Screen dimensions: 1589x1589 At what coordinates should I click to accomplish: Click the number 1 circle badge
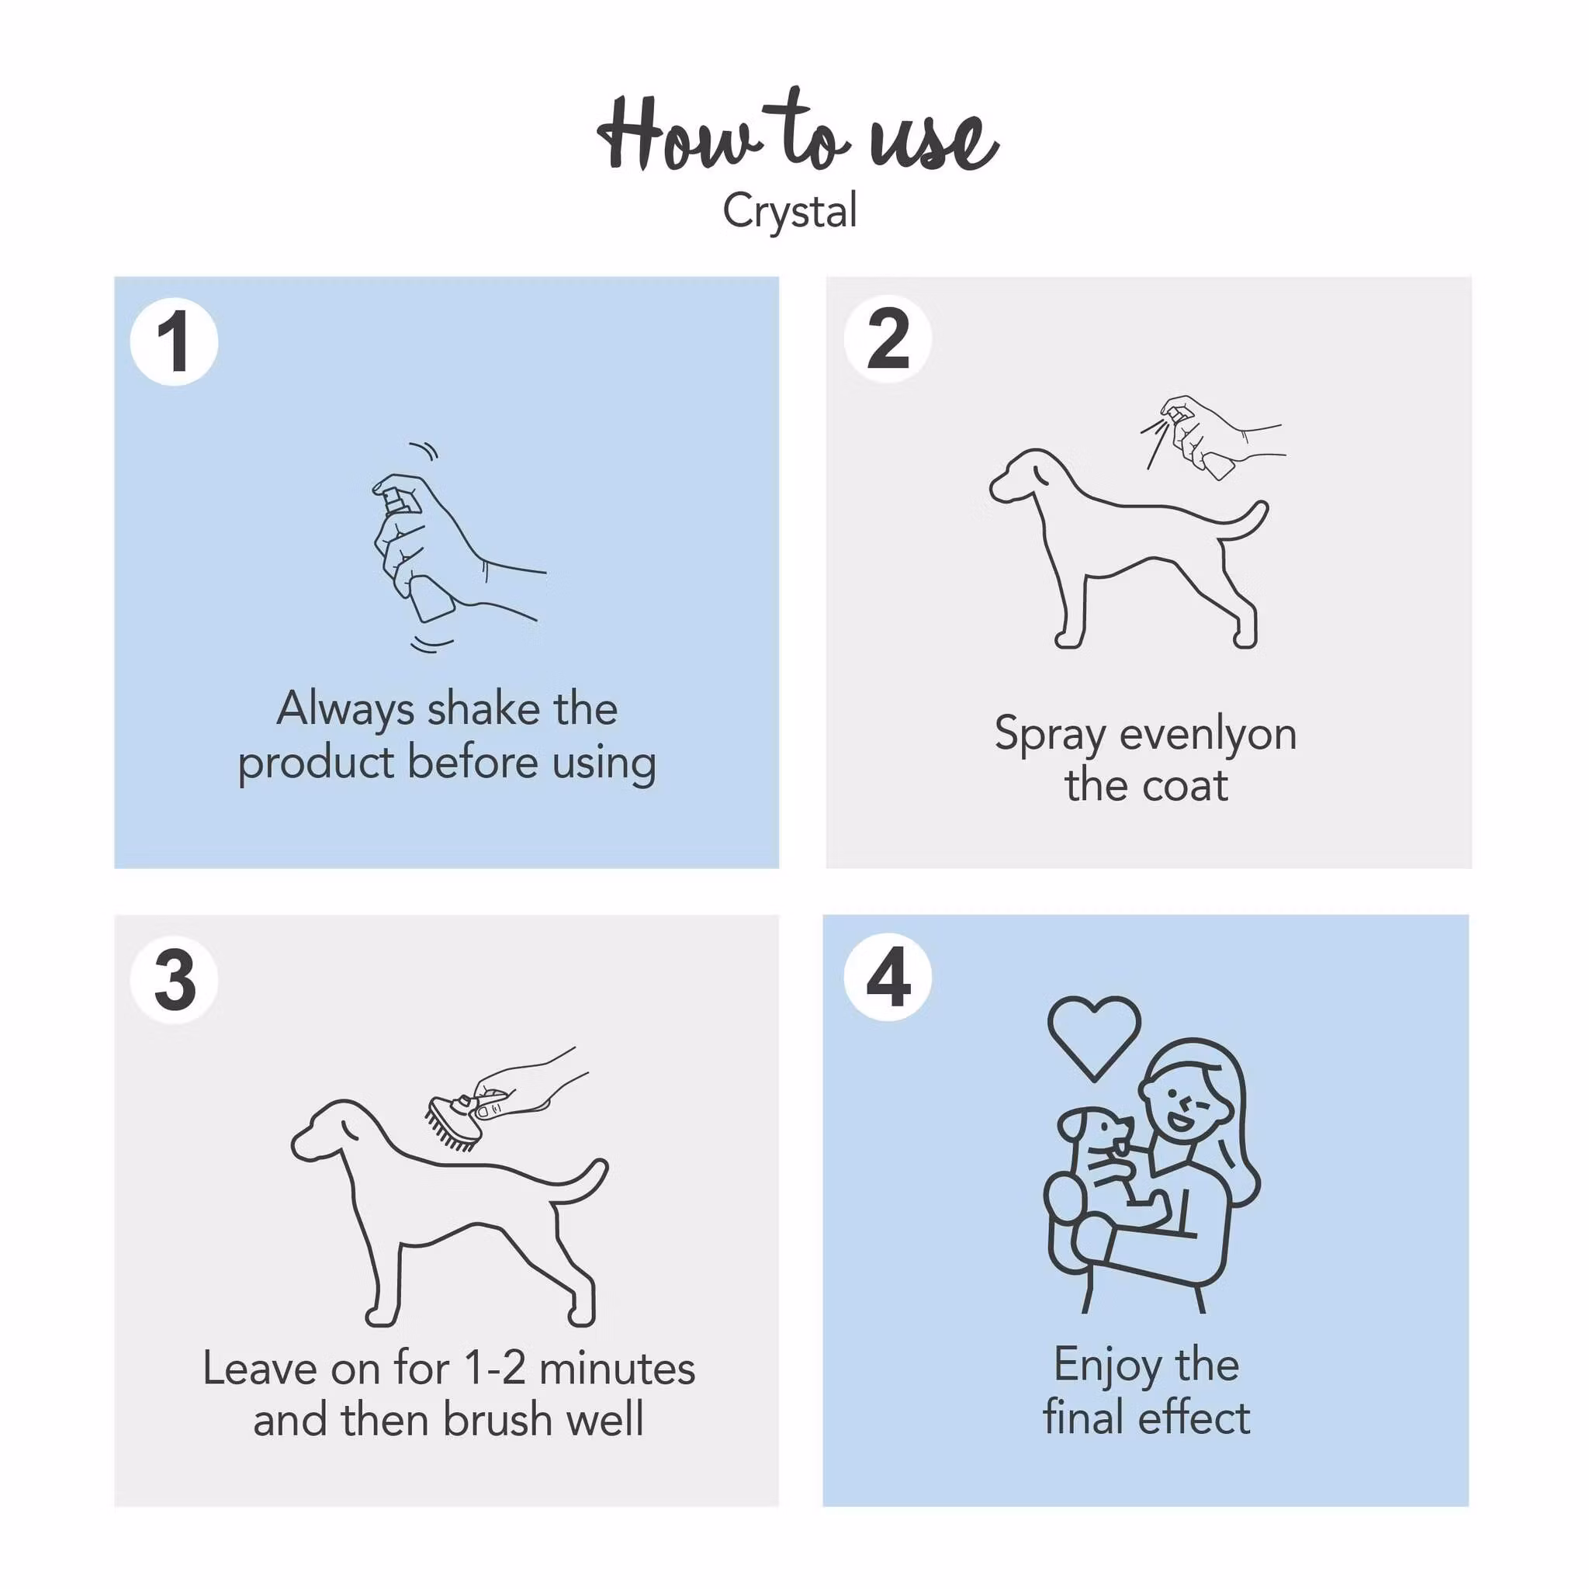pyautogui.click(x=174, y=341)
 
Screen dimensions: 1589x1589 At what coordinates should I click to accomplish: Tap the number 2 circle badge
pyautogui.click(x=888, y=338)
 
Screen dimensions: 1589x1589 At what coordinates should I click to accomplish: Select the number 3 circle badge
pyautogui.click(x=174, y=980)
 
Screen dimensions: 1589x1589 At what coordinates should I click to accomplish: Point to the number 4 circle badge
pyautogui.click(x=888, y=976)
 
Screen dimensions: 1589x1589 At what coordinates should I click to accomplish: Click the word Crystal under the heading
pyautogui.click(x=790, y=210)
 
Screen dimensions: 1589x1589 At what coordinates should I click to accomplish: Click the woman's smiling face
pyautogui.click(x=1184, y=1102)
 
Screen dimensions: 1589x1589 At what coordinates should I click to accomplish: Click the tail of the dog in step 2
pyautogui.click(x=1246, y=522)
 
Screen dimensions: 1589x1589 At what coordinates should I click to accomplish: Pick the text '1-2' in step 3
pyautogui.click(x=494, y=1369)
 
